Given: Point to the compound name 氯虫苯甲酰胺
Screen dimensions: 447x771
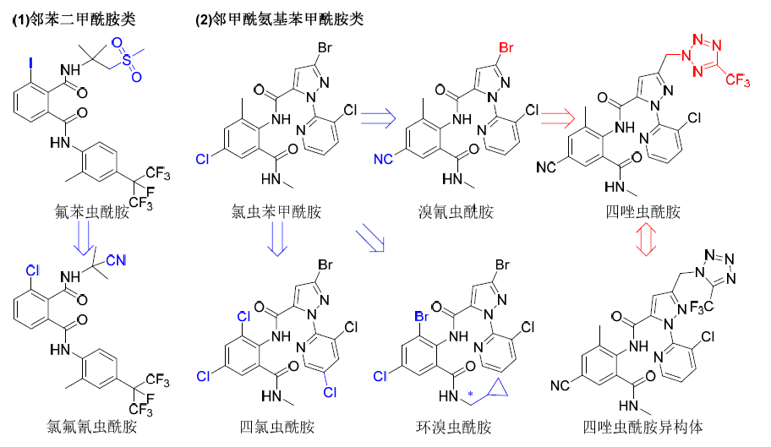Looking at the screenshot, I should pos(274,211).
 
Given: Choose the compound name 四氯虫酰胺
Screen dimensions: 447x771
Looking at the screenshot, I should pos(274,426).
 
